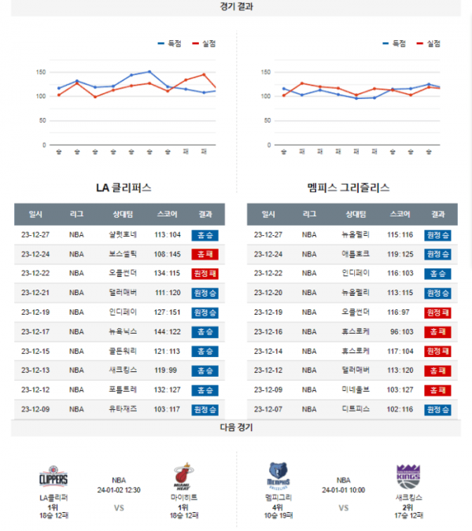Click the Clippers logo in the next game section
tap(54, 477)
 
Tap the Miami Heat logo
tap(183, 477)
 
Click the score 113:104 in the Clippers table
tap(168, 234)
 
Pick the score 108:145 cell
tap(168, 254)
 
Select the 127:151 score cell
tap(168, 312)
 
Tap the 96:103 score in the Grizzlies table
tap(400, 332)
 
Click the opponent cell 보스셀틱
tap(124, 254)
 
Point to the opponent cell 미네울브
tap(356, 389)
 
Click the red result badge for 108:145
tap(205, 254)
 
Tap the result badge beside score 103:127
tap(437, 389)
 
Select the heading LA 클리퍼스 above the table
tap(124, 189)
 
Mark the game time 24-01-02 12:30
tap(119, 489)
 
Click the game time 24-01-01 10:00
tap(343, 489)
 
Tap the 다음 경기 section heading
tap(237, 427)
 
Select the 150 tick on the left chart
tap(41, 72)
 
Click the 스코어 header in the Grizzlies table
tap(400, 214)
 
